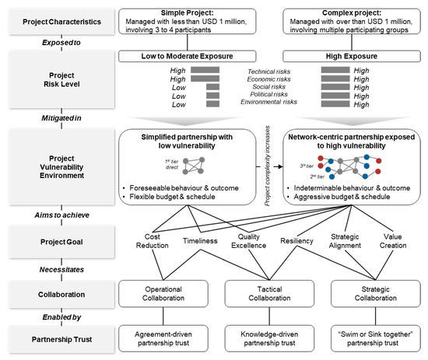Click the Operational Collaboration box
163,293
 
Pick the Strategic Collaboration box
367,293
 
